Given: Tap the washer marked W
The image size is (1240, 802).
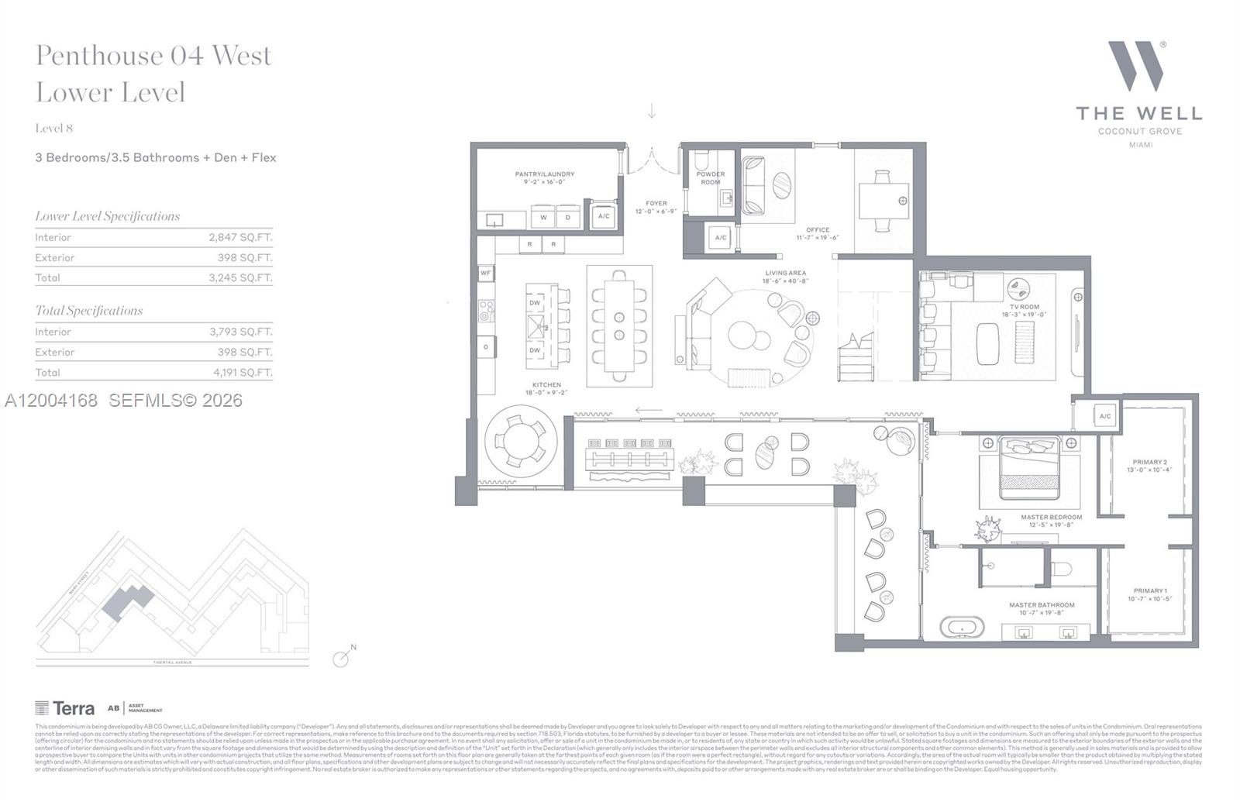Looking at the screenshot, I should pos(543,217).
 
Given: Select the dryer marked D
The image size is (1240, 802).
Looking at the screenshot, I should pos(568,217).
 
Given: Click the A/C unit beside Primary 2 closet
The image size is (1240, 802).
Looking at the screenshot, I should pos(1104,416).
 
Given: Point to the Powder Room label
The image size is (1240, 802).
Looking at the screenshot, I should pos(710,178).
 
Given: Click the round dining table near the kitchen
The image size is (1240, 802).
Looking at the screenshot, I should pos(520,440).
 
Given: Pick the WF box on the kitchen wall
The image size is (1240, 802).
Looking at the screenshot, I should pos(486,273).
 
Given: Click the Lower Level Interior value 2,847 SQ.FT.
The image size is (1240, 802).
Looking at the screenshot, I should pos(240,238).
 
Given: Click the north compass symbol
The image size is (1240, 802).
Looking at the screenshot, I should pos(343,658).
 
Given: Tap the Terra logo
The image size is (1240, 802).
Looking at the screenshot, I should pos(65,707).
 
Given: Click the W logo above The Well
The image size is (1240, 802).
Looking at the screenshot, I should pos(1137,66).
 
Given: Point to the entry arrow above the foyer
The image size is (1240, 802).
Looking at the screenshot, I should pos(652,112).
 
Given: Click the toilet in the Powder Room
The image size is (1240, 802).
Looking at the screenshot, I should pos(701,161).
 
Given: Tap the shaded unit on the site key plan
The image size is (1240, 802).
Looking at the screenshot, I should pos(127,601).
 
